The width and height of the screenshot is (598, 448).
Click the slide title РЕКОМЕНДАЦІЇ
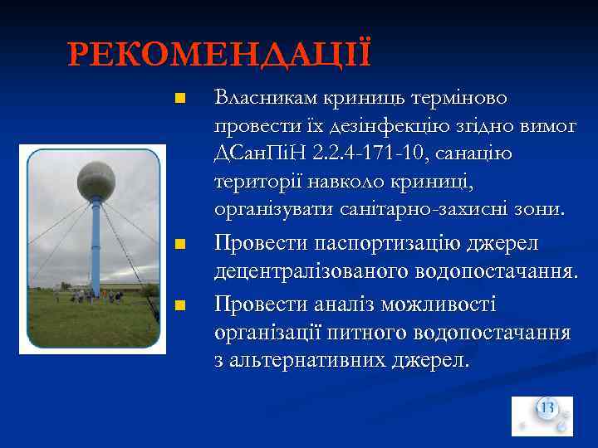coord(220,56)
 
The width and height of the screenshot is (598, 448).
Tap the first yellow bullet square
coord(179,100)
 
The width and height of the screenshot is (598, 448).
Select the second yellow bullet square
coord(179,246)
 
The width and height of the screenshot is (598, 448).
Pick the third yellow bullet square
coord(179,307)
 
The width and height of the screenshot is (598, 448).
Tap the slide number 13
coord(547,407)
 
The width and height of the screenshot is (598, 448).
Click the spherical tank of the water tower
coord(96,179)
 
